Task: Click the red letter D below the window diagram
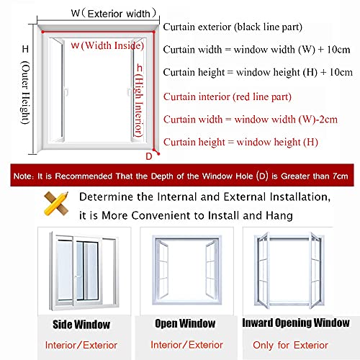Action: pyautogui.click(x=148, y=155)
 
